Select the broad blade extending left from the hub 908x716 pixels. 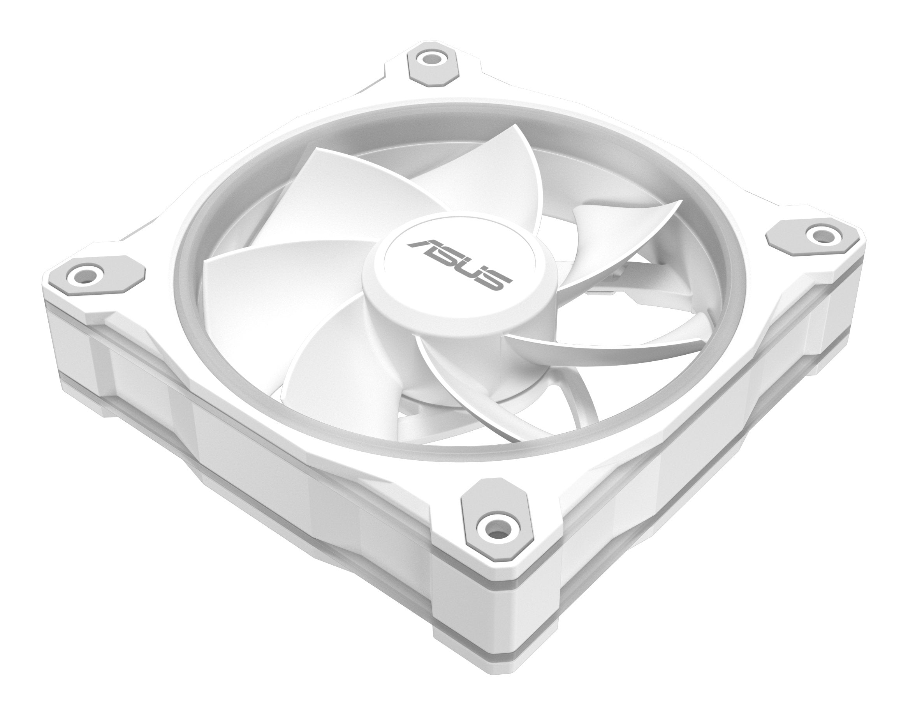pyautogui.click(x=272, y=268)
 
